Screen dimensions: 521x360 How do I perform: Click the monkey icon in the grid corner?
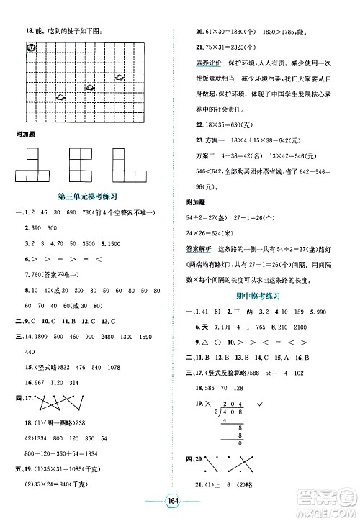31,47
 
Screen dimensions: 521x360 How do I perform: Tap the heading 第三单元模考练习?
86,195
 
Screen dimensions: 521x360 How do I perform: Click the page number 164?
180,501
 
